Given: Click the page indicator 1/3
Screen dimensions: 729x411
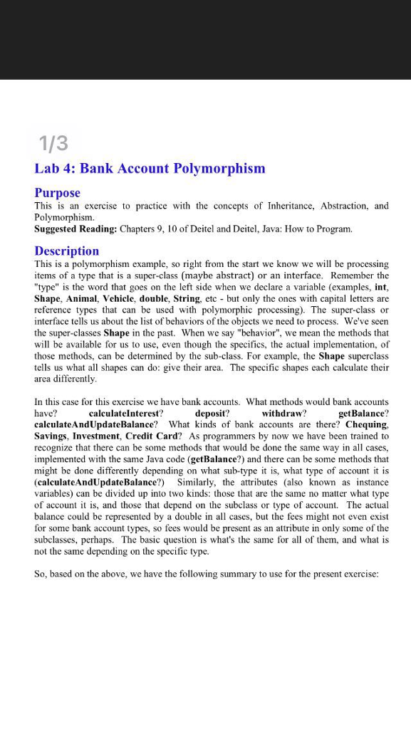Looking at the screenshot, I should click(x=54, y=144).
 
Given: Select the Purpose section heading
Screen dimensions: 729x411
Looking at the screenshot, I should click(x=58, y=193).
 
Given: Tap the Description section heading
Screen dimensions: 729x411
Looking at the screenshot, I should click(x=67, y=251).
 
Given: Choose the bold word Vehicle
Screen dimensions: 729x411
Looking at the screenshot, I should click(x=123, y=298).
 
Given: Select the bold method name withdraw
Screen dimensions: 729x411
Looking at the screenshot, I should click(x=283, y=414).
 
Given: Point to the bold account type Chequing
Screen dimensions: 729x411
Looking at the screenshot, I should click(x=367, y=424).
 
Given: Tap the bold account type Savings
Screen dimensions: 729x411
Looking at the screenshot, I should click(x=53, y=436).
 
